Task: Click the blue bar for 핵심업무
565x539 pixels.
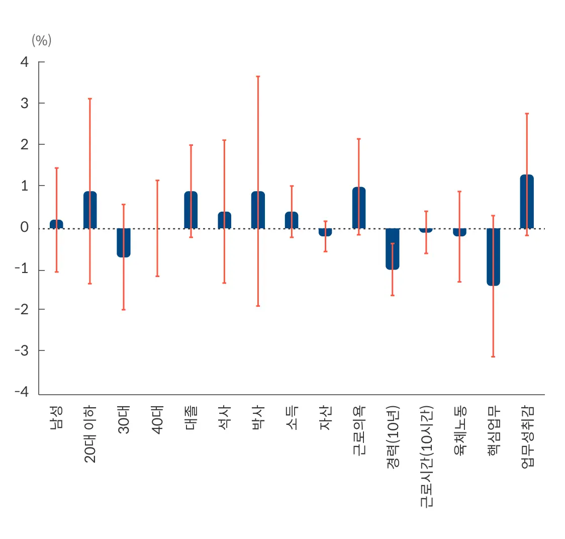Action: (x=493, y=256)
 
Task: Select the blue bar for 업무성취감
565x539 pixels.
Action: (x=527, y=201)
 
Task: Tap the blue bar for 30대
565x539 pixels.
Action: (x=124, y=242)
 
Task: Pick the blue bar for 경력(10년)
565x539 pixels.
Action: (x=393, y=248)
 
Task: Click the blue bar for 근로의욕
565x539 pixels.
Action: (x=359, y=208)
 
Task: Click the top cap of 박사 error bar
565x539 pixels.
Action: (x=258, y=76)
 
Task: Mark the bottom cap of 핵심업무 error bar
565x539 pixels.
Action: (x=493, y=356)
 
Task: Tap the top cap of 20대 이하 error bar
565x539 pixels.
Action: (x=90, y=99)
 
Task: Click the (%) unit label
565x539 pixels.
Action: (x=42, y=40)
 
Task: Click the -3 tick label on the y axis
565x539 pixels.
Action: (x=22, y=350)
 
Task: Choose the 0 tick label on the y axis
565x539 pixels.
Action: (x=25, y=227)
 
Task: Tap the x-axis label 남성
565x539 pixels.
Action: (x=56, y=417)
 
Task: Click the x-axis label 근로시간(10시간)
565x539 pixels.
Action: (x=426, y=457)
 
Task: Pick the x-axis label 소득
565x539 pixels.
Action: (x=292, y=417)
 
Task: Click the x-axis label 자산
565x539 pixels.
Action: (x=325, y=417)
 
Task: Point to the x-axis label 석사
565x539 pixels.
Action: (x=224, y=417)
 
